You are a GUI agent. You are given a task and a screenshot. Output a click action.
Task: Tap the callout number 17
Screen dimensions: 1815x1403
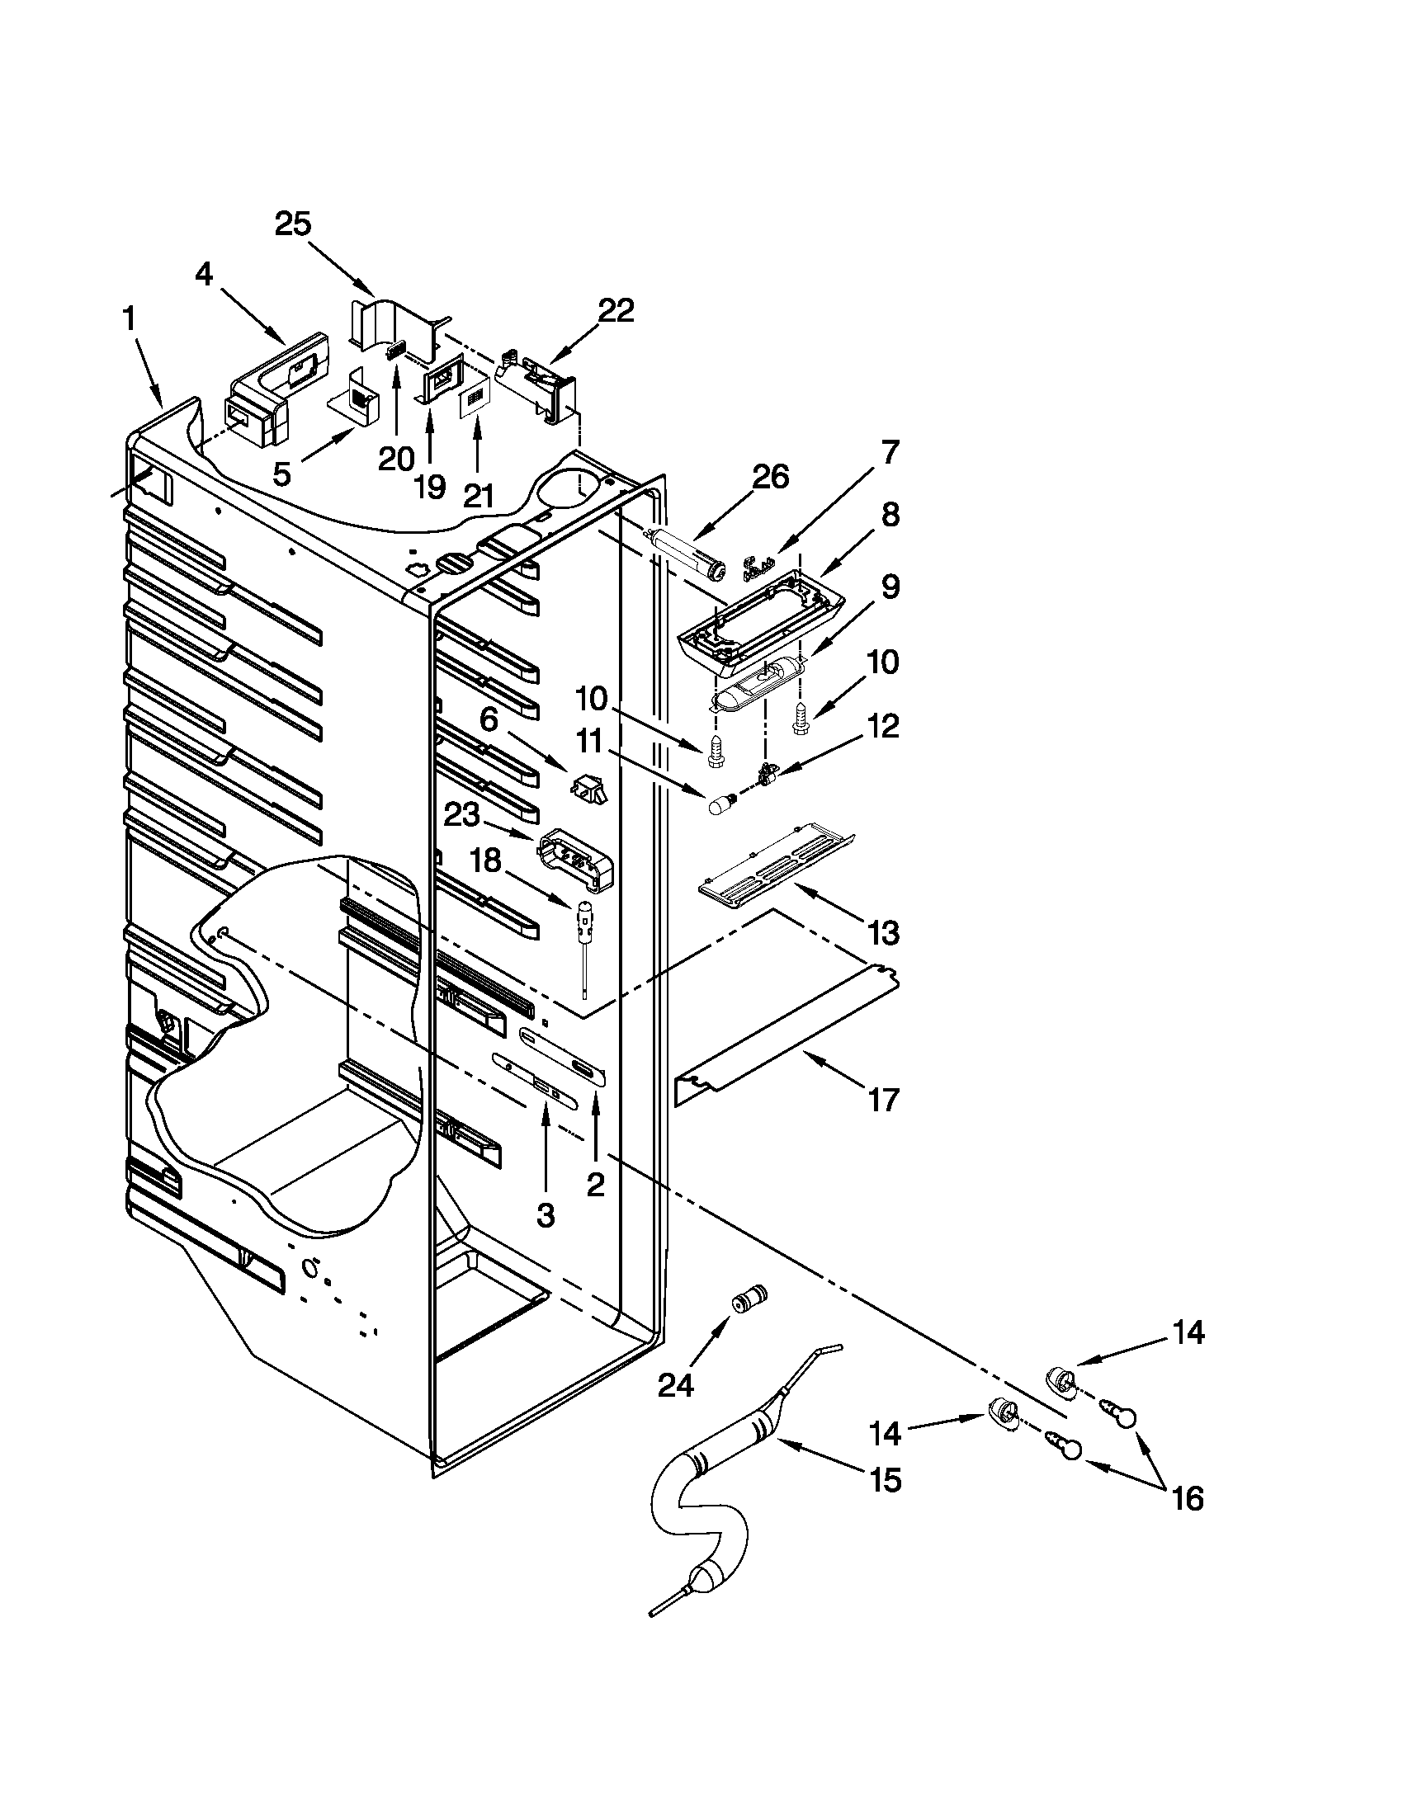pos(884,1101)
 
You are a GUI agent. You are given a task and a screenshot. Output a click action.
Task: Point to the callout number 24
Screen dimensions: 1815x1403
pos(675,1385)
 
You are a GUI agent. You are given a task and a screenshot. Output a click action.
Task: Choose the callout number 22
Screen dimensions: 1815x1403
pos(616,310)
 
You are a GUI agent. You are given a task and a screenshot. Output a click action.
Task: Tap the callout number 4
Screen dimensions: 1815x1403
pos(205,274)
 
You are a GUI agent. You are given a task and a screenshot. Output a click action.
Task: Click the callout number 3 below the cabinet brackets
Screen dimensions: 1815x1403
pos(545,1215)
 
